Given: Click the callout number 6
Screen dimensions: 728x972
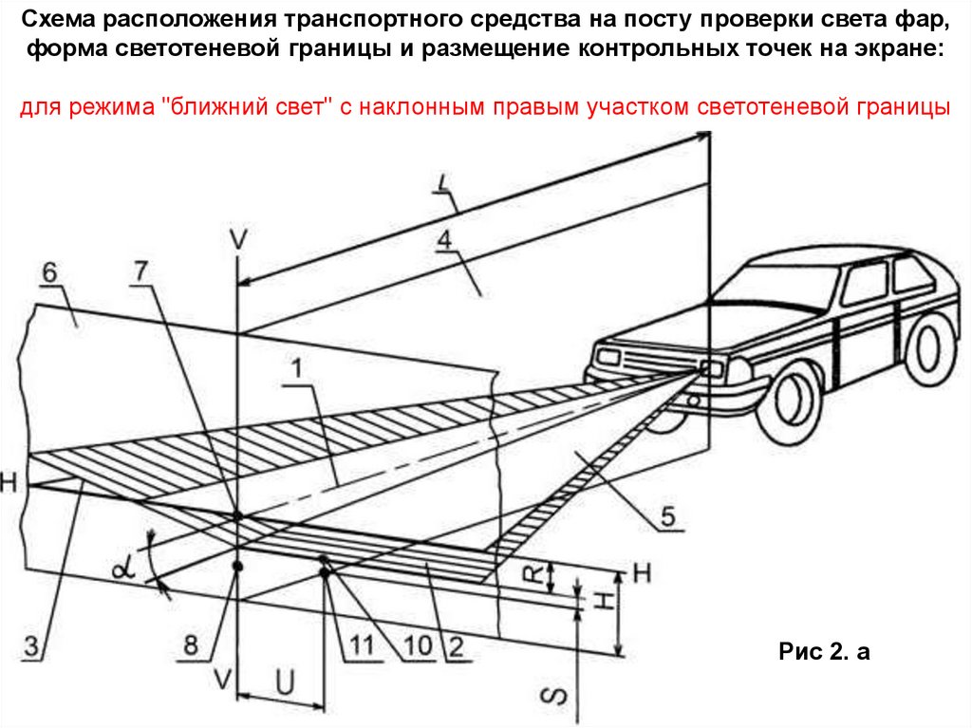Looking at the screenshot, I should click(48, 273).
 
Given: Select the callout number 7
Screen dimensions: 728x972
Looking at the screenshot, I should click(140, 271).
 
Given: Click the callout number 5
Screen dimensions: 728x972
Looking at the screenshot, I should click(668, 516).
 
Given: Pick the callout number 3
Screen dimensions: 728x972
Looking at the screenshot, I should click(30, 649).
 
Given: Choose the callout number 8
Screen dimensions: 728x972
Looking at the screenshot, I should click(192, 646).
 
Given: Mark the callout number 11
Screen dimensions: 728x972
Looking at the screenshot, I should click(360, 646).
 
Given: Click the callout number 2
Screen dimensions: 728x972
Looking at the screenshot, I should click(455, 648).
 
